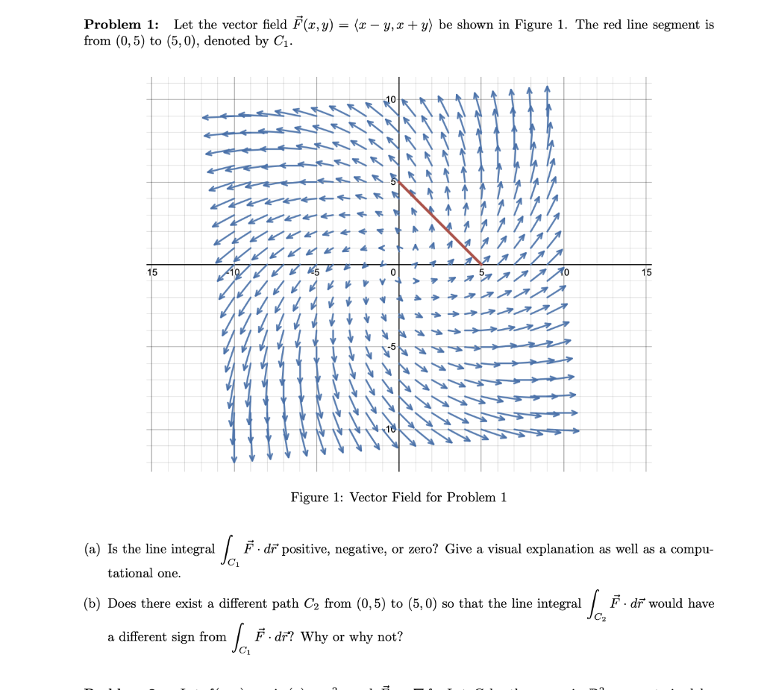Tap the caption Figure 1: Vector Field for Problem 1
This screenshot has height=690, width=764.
pos(398,498)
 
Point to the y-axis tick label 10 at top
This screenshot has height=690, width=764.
pos(392,98)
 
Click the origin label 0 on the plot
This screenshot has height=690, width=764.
pos(392,272)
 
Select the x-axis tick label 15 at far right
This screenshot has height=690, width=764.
pos(646,272)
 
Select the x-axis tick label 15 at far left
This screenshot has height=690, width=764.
pos(152,272)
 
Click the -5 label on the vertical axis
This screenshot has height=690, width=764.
pos(390,347)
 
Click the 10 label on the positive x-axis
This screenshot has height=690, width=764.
pos(564,272)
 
